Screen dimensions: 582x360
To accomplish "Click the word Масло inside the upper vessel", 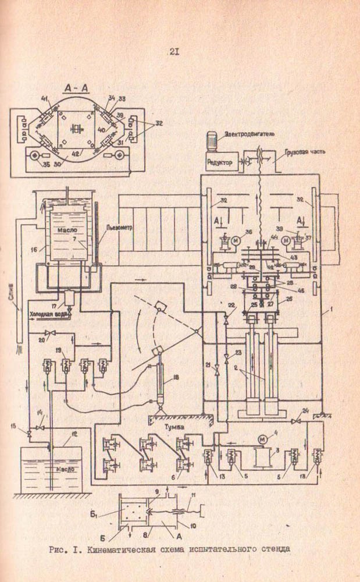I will point(63,230).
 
